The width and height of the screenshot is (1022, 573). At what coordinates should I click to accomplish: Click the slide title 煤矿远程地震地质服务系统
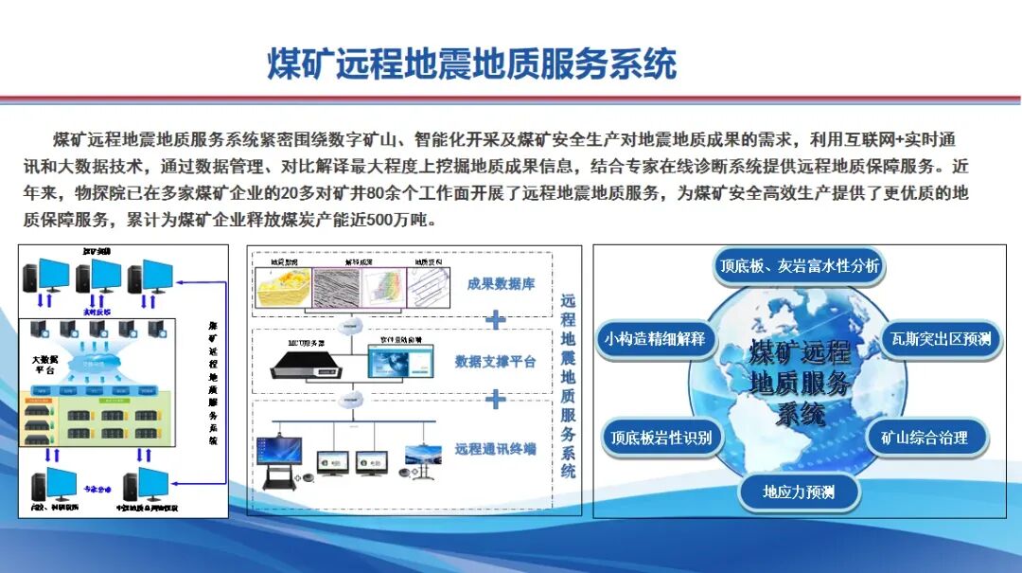coord(472,64)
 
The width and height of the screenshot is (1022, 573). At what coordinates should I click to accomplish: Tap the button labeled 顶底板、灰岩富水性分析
coord(799,266)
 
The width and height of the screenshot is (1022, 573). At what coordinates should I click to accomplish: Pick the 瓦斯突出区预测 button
coord(941,338)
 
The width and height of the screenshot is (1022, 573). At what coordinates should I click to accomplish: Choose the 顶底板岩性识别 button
coord(661,438)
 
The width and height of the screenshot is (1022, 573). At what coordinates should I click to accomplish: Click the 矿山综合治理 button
coord(925,438)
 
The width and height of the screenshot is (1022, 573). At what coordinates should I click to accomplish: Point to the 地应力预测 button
coord(799,492)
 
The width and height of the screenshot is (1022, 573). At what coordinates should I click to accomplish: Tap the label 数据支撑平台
coord(495,361)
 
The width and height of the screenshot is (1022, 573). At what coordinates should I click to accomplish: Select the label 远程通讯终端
coord(495,448)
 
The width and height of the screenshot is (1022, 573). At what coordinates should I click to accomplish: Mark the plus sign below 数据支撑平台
coord(495,400)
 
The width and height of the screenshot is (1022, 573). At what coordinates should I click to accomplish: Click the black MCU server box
coord(300,362)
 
